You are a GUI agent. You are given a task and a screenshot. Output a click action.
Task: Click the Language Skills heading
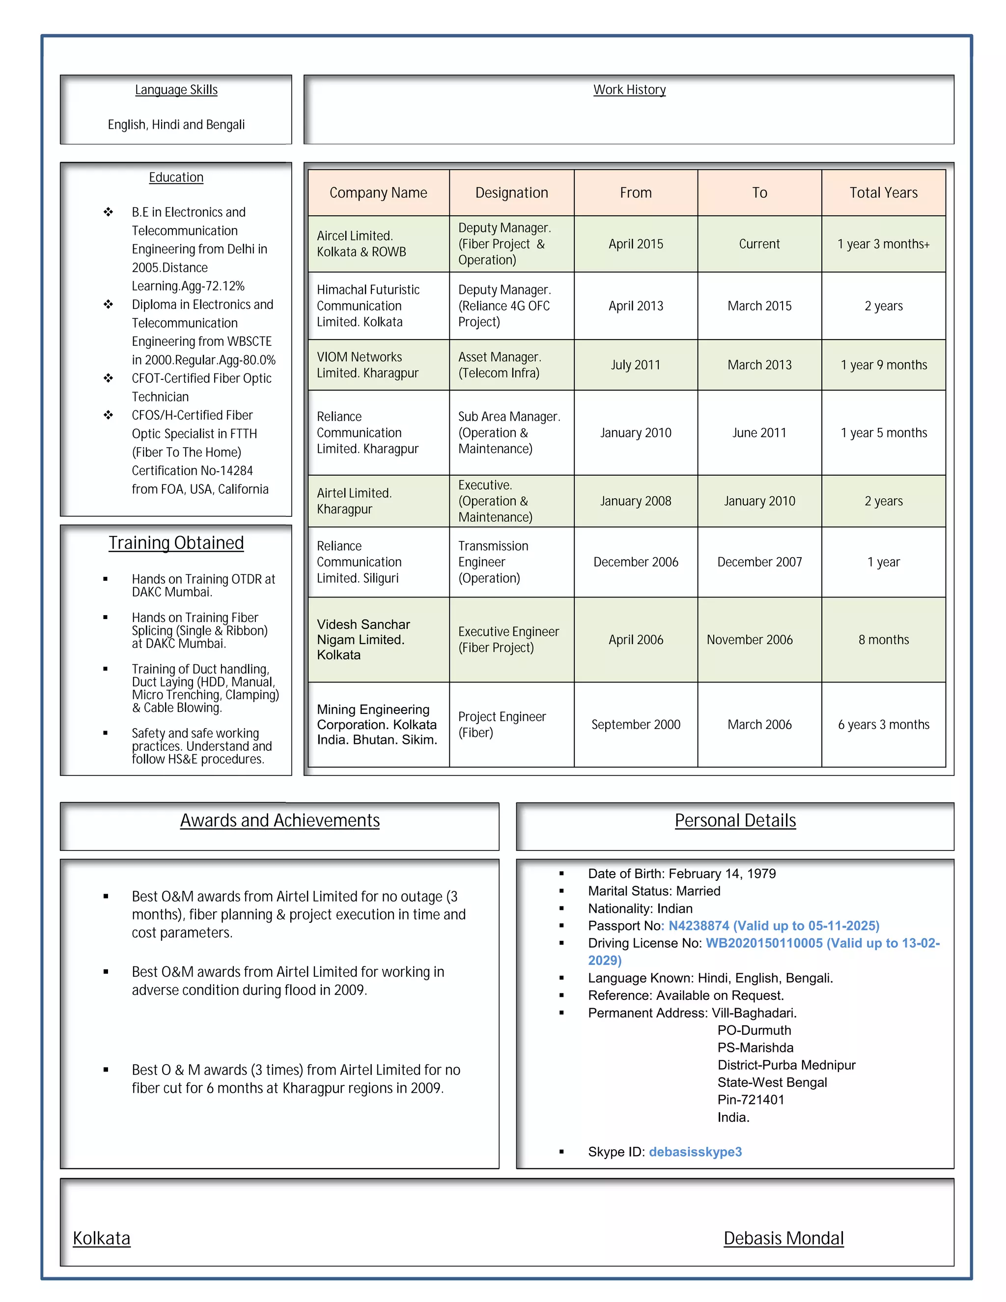click(176, 89)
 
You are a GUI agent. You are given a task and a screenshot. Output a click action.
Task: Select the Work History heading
click(629, 89)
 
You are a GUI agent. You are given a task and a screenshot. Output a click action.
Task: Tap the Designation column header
click(511, 193)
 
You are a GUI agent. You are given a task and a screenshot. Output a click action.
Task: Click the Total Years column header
click(883, 193)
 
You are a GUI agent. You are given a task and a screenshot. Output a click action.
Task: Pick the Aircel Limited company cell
click(361, 244)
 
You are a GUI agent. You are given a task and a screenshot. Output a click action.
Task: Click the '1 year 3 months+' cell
click(883, 244)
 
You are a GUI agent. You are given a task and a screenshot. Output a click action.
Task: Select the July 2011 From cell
click(635, 365)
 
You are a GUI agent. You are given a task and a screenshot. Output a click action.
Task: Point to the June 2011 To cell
click(759, 433)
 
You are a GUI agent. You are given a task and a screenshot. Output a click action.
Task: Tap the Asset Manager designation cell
click(500, 365)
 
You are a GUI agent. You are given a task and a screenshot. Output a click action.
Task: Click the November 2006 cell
click(750, 640)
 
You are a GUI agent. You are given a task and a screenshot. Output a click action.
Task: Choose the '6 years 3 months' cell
click(883, 724)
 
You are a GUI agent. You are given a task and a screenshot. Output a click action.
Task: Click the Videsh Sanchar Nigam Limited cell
click(363, 640)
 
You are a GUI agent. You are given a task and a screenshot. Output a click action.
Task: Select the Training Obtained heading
click(176, 543)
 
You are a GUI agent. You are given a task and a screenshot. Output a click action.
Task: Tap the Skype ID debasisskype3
click(695, 1152)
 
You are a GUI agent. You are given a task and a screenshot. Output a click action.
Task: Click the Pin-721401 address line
click(751, 1100)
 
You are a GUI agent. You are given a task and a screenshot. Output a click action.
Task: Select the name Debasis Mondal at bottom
click(783, 1238)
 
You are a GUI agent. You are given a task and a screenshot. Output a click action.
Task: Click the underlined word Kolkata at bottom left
click(101, 1238)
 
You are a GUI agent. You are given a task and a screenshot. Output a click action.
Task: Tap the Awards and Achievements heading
click(279, 821)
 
